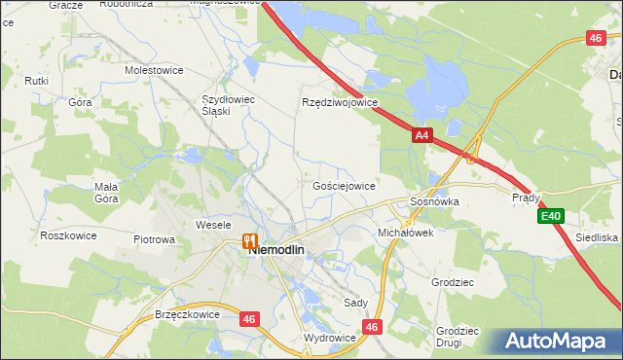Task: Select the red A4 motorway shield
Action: [x=421, y=137]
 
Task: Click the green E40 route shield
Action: [x=551, y=216]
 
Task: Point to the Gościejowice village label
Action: [x=345, y=185]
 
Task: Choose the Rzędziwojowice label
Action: [x=340, y=102]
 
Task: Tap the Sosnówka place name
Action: [x=434, y=201]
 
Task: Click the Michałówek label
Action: [x=405, y=234]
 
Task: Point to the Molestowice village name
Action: [x=155, y=71]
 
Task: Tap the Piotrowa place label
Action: [x=154, y=239]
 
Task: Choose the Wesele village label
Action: [x=212, y=225]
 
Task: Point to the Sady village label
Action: [x=355, y=303]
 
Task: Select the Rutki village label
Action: [x=38, y=81]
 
